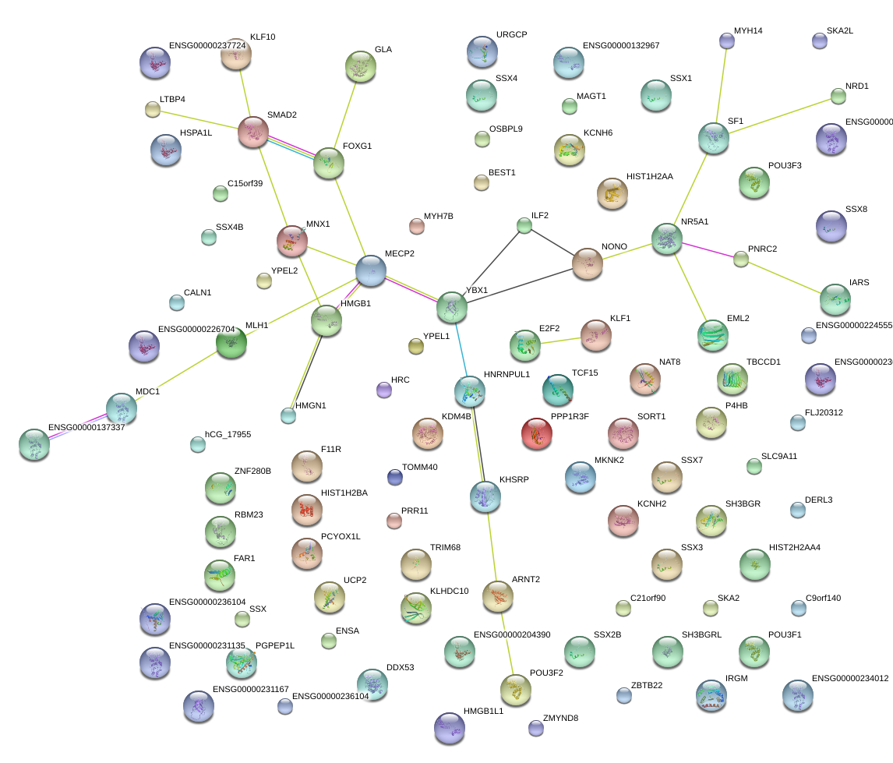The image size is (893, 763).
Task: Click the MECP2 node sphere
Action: [x=370, y=270]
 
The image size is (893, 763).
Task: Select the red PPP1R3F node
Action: [x=536, y=433]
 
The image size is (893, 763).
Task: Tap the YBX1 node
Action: [x=452, y=307]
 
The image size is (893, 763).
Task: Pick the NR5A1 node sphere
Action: [x=666, y=238]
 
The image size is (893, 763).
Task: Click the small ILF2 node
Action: [x=524, y=226]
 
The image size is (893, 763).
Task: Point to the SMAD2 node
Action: [x=253, y=132]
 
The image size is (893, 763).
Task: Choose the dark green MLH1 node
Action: [x=231, y=342]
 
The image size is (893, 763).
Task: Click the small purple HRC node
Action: [x=383, y=389]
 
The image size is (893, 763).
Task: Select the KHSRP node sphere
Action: [x=485, y=496]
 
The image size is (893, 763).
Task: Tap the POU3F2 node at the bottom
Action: [x=515, y=688]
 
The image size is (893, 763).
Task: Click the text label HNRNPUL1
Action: [x=507, y=374]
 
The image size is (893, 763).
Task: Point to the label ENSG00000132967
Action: [x=621, y=46]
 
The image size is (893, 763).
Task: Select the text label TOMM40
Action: [x=419, y=468]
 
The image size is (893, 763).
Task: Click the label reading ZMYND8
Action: [x=561, y=718]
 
